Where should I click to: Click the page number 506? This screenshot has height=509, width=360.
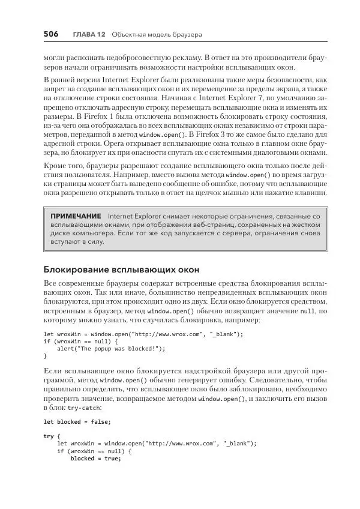[x=50, y=34]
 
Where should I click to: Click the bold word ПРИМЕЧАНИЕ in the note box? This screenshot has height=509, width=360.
[x=76, y=215]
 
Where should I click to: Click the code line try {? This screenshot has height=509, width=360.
[x=53, y=436]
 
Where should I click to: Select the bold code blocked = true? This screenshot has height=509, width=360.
[x=95, y=458]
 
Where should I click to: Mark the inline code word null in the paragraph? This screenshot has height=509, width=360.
[x=307, y=312]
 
